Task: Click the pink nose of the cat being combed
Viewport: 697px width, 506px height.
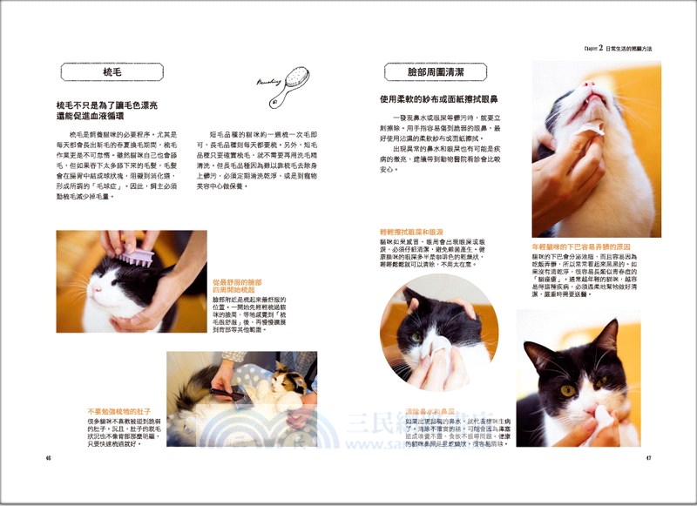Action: coord(98,296)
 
